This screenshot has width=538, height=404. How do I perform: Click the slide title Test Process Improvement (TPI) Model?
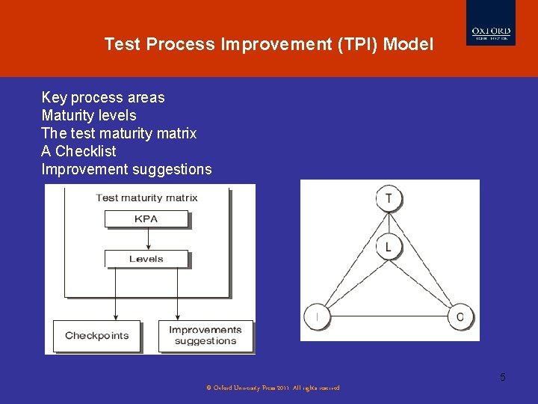268,44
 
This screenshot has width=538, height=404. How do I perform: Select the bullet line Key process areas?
103,97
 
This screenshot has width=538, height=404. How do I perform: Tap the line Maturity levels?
89,115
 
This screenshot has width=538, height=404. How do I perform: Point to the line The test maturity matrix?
119,133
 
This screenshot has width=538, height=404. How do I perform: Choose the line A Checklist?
78,151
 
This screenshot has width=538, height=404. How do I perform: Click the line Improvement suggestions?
126,169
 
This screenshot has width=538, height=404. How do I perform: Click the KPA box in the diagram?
146,219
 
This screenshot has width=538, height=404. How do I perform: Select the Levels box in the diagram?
146,259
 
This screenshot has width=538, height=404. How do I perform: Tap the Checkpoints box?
96,336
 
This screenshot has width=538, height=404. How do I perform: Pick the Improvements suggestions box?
205,336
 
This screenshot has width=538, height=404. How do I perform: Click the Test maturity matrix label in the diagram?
146,198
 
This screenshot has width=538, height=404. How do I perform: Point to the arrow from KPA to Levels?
148,239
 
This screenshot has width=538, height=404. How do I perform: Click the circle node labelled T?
389,199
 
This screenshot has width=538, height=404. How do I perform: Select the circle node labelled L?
389,247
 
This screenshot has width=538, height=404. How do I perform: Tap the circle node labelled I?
317,317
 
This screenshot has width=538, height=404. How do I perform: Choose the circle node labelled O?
460,317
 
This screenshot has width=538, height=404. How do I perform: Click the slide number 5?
503,377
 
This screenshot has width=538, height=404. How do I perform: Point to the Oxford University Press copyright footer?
273,388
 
